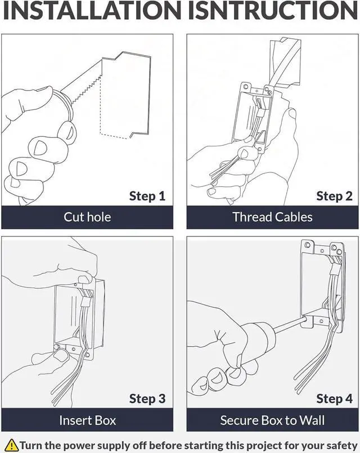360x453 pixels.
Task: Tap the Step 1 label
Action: point(147,196)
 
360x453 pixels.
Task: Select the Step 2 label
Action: point(334,196)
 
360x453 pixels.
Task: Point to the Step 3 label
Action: point(147,398)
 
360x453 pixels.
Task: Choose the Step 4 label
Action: point(334,398)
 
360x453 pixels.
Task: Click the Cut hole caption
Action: point(87,217)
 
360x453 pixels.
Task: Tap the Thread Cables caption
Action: point(272,217)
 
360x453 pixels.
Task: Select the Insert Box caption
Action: point(87,420)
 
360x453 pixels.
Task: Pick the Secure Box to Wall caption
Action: point(272,420)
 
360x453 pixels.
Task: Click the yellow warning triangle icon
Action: point(11,443)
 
